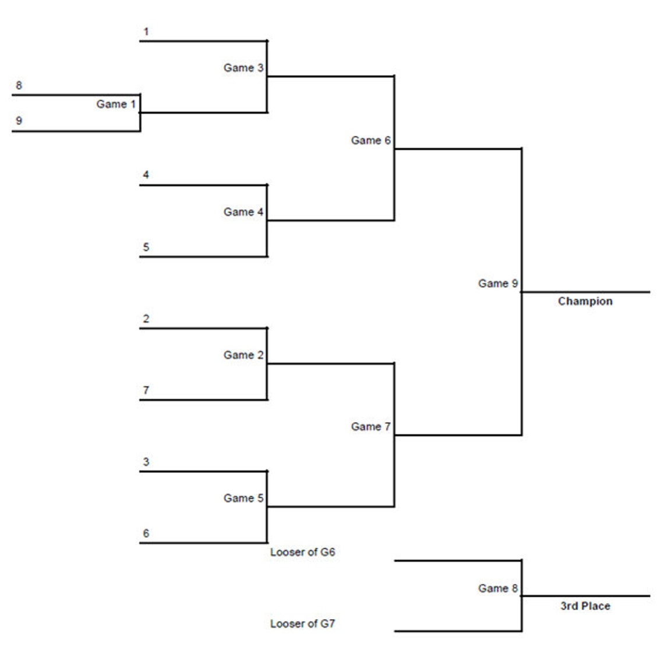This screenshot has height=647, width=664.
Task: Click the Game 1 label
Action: [x=116, y=104]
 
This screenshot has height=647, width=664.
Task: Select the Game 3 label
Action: [x=243, y=68]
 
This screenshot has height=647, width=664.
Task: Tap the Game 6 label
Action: [x=370, y=140]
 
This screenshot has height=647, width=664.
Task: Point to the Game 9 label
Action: [x=498, y=284]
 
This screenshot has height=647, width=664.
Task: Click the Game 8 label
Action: [x=498, y=589]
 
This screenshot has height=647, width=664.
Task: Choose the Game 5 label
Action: [x=243, y=498]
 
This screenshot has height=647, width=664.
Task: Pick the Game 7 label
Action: [x=370, y=427]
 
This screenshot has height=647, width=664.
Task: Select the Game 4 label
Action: [x=243, y=212]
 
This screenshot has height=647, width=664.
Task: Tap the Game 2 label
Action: [x=243, y=355]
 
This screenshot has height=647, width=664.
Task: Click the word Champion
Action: [x=585, y=302]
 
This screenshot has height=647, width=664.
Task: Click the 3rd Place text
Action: [x=585, y=606]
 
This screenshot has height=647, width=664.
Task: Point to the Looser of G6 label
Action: [x=302, y=552]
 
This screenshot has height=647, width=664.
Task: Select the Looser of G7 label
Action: [x=302, y=624]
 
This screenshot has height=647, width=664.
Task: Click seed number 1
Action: [x=146, y=31]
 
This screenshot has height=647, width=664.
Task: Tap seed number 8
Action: [x=19, y=86]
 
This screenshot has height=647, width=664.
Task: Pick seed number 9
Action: [x=19, y=121]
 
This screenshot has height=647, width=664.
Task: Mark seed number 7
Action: [x=146, y=390]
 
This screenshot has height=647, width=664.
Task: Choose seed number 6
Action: [x=146, y=533]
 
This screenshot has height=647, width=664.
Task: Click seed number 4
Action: [x=146, y=175]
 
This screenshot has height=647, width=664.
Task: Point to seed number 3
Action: [x=146, y=462]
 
